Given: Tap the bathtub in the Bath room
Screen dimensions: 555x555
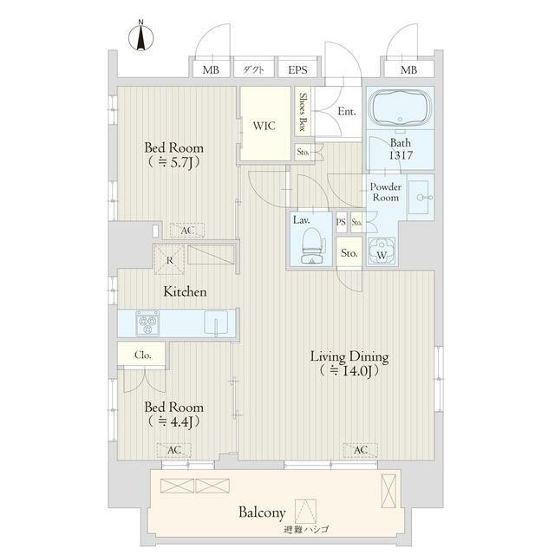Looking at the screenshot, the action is [x=400, y=108].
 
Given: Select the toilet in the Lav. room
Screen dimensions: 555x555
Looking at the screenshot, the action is [x=312, y=245].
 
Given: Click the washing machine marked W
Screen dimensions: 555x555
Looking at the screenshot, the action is [x=382, y=251].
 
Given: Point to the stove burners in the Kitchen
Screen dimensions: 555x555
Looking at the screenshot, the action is [x=147, y=323].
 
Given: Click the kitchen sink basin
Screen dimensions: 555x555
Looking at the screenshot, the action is [x=216, y=322].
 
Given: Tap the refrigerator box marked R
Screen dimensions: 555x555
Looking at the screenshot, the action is [x=169, y=259].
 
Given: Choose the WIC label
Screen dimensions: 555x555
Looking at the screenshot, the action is [x=264, y=126].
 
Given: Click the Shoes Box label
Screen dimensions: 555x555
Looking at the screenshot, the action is [x=303, y=112].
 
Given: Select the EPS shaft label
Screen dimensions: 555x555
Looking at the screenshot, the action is [x=297, y=69].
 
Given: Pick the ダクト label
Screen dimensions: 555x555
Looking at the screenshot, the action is [x=253, y=69].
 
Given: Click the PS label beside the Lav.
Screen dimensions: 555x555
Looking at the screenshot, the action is [x=341, y=222].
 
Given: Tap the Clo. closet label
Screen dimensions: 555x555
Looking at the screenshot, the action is [x=143, y=355].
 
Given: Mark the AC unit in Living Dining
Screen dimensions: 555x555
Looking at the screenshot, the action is [x=361, y=450].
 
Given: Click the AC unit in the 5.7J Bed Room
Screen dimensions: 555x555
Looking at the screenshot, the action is [x=187, y=231].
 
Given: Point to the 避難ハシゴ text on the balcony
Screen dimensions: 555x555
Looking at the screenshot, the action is [x=306, y=530].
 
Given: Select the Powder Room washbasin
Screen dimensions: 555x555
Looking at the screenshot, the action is [x=421, y=197].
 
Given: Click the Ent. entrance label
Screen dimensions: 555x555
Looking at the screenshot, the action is [x=347, y=112].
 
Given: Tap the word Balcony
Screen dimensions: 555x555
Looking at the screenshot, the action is [x=262, y=513].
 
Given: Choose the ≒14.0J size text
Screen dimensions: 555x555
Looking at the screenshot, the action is [x=349, y=370].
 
